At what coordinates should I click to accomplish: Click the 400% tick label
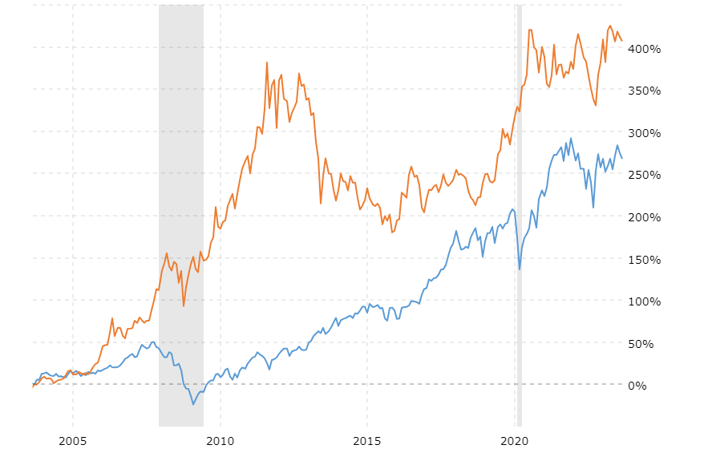click(x=646, y=49)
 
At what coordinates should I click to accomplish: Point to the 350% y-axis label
click(x=646, y=91)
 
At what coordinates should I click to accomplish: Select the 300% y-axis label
click(x=646, y=133)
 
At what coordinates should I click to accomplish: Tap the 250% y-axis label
click(x=646, y=175)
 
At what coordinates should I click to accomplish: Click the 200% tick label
click(x=646, y=217)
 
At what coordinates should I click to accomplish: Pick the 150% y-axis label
click(x=646, y=259)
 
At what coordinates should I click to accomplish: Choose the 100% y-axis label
click(x=646, y=301)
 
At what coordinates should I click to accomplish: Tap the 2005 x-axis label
click(x=73, y=440)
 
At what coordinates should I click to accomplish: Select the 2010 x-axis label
click(x=220, y=440)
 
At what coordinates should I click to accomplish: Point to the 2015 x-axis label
click(x=367, y=440)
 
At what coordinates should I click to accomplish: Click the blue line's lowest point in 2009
click(x=193, y=404)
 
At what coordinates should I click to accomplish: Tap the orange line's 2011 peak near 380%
click(x=267, y=63)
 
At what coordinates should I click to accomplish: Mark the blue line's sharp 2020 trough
click(x=520, y=269)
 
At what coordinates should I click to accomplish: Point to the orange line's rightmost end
click(x=622, y=41)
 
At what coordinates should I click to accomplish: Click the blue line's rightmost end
click(x=622, y=158)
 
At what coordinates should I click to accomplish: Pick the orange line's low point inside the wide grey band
click(x=184, y=305)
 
